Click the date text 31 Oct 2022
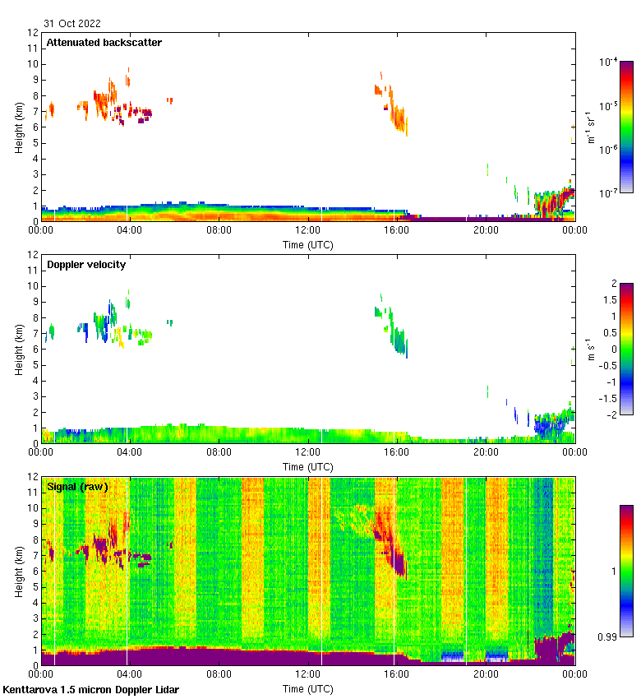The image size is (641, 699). (x=72, y=24)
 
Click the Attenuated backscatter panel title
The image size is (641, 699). (x=104, y=43)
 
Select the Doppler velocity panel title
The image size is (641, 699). (x=86, y=265)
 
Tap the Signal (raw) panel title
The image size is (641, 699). (x=77, y=487)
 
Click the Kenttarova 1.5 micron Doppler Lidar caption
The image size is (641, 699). (x=90, y=689)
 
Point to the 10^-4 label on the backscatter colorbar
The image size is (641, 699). (x=608, y=62)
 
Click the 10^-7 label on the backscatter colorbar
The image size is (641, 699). (x=608, y=193)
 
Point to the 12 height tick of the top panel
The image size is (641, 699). (x=33, y=33)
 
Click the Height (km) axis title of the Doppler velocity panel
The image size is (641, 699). (x=18, y=349)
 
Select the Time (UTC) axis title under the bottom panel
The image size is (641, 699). (x=307, y=688)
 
